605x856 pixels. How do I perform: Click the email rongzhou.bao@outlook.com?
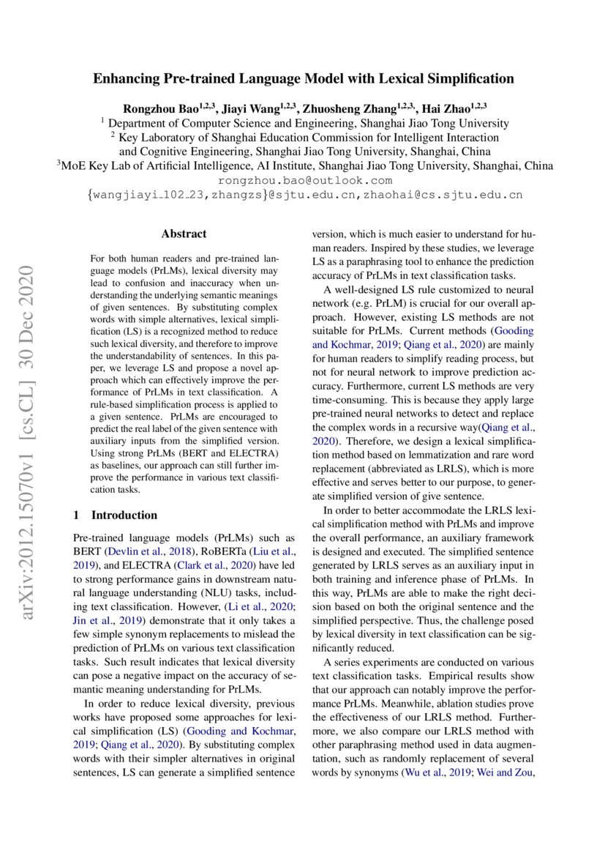coord(306,180)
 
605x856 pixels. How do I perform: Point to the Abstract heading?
coord(184,234)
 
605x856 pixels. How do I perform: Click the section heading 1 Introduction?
coord(115,515)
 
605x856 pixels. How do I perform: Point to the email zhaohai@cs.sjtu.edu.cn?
coord(453,195)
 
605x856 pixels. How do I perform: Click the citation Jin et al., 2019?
coord(102,621)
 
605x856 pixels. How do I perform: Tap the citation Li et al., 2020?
coord(270,607)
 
